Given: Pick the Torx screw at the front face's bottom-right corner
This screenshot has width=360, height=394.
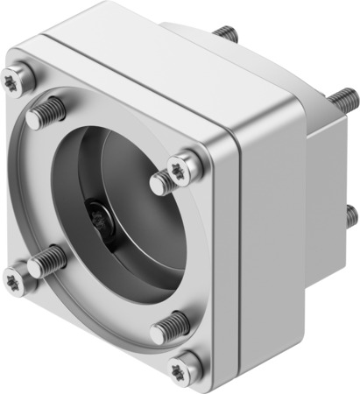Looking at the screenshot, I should (187, 367).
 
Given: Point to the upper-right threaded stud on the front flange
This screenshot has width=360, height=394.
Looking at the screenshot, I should (163, 183).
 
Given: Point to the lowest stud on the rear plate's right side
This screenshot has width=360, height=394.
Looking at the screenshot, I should (351, 214).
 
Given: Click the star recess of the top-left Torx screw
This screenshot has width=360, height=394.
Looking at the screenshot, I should (18, 77).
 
